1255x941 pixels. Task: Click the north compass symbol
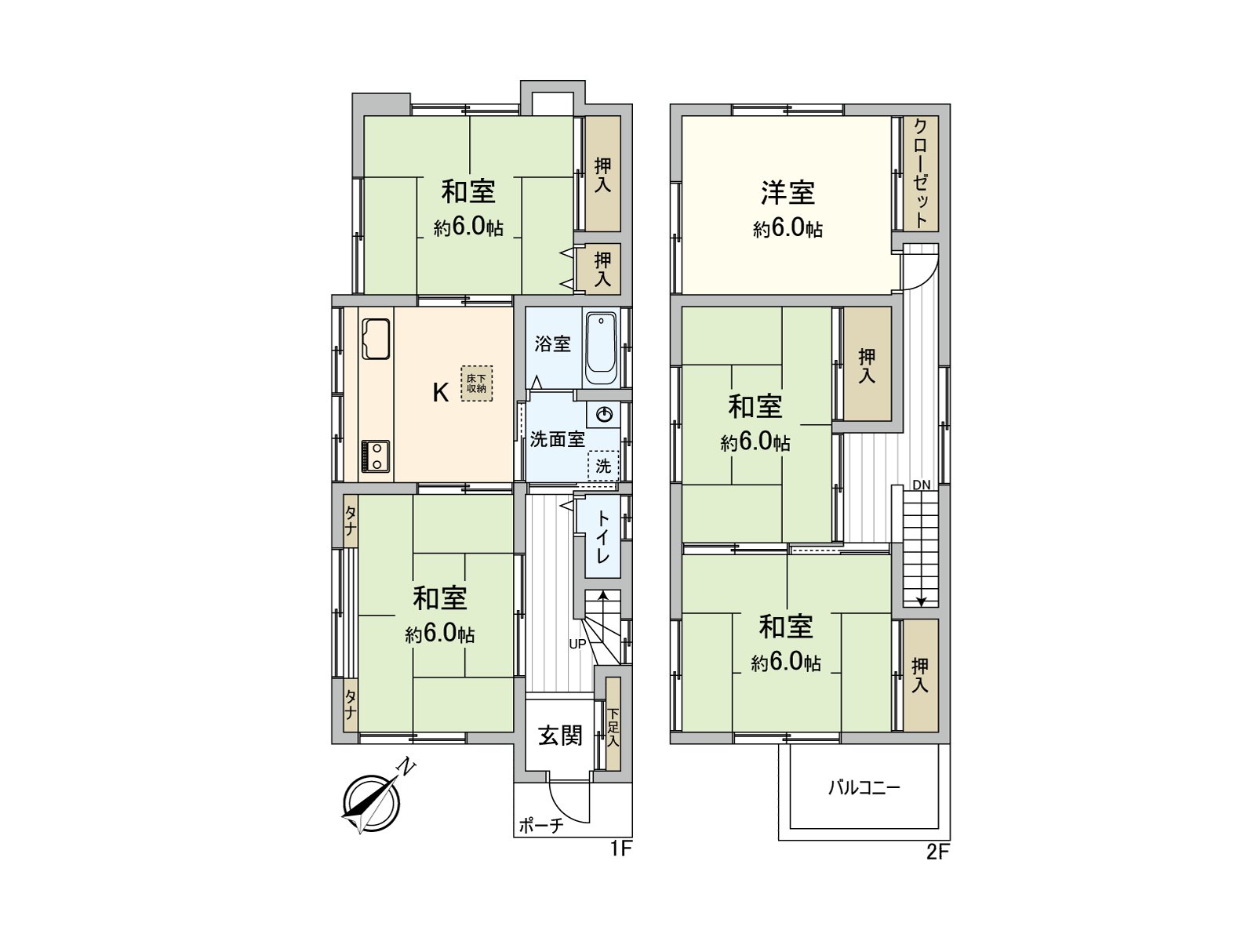point(370,802)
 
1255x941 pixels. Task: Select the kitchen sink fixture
point(376,339)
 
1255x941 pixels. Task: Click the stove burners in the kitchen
point(375,456)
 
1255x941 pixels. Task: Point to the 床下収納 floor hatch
point(476,383)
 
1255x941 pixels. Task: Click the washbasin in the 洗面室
point(604,415)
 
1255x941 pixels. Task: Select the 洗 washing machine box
point(603,466)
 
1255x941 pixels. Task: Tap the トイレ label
point(602,537)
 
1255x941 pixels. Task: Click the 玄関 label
point(560,736)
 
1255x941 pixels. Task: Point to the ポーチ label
point(540,826)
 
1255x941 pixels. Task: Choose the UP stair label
point(577,645)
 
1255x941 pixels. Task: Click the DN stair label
point(922,485)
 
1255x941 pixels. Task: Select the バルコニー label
point(864,787)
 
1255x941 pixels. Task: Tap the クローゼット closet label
point(921,174)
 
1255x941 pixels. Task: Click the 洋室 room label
point(788,193)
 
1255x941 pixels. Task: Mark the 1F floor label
point(620,849)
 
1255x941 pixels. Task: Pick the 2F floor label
point(937,852)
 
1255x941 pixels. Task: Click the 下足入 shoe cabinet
point(613,728)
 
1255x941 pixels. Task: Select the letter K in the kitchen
point(441,392)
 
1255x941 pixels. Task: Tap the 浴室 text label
point(553,343)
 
